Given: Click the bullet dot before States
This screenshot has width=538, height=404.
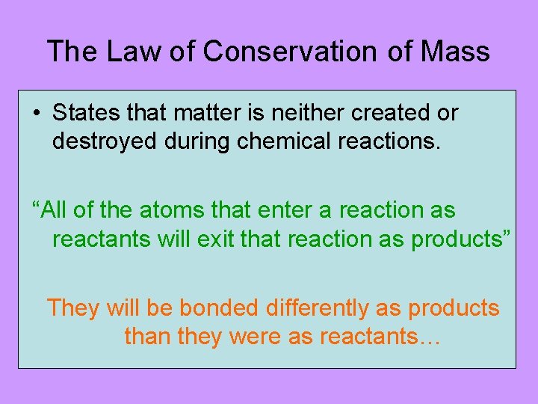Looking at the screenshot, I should point(36,114).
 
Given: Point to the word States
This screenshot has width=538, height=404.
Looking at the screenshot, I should point(83,113).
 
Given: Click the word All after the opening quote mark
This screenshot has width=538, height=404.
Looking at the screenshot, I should point(55,210).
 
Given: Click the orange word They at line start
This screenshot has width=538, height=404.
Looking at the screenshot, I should point(73,307).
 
